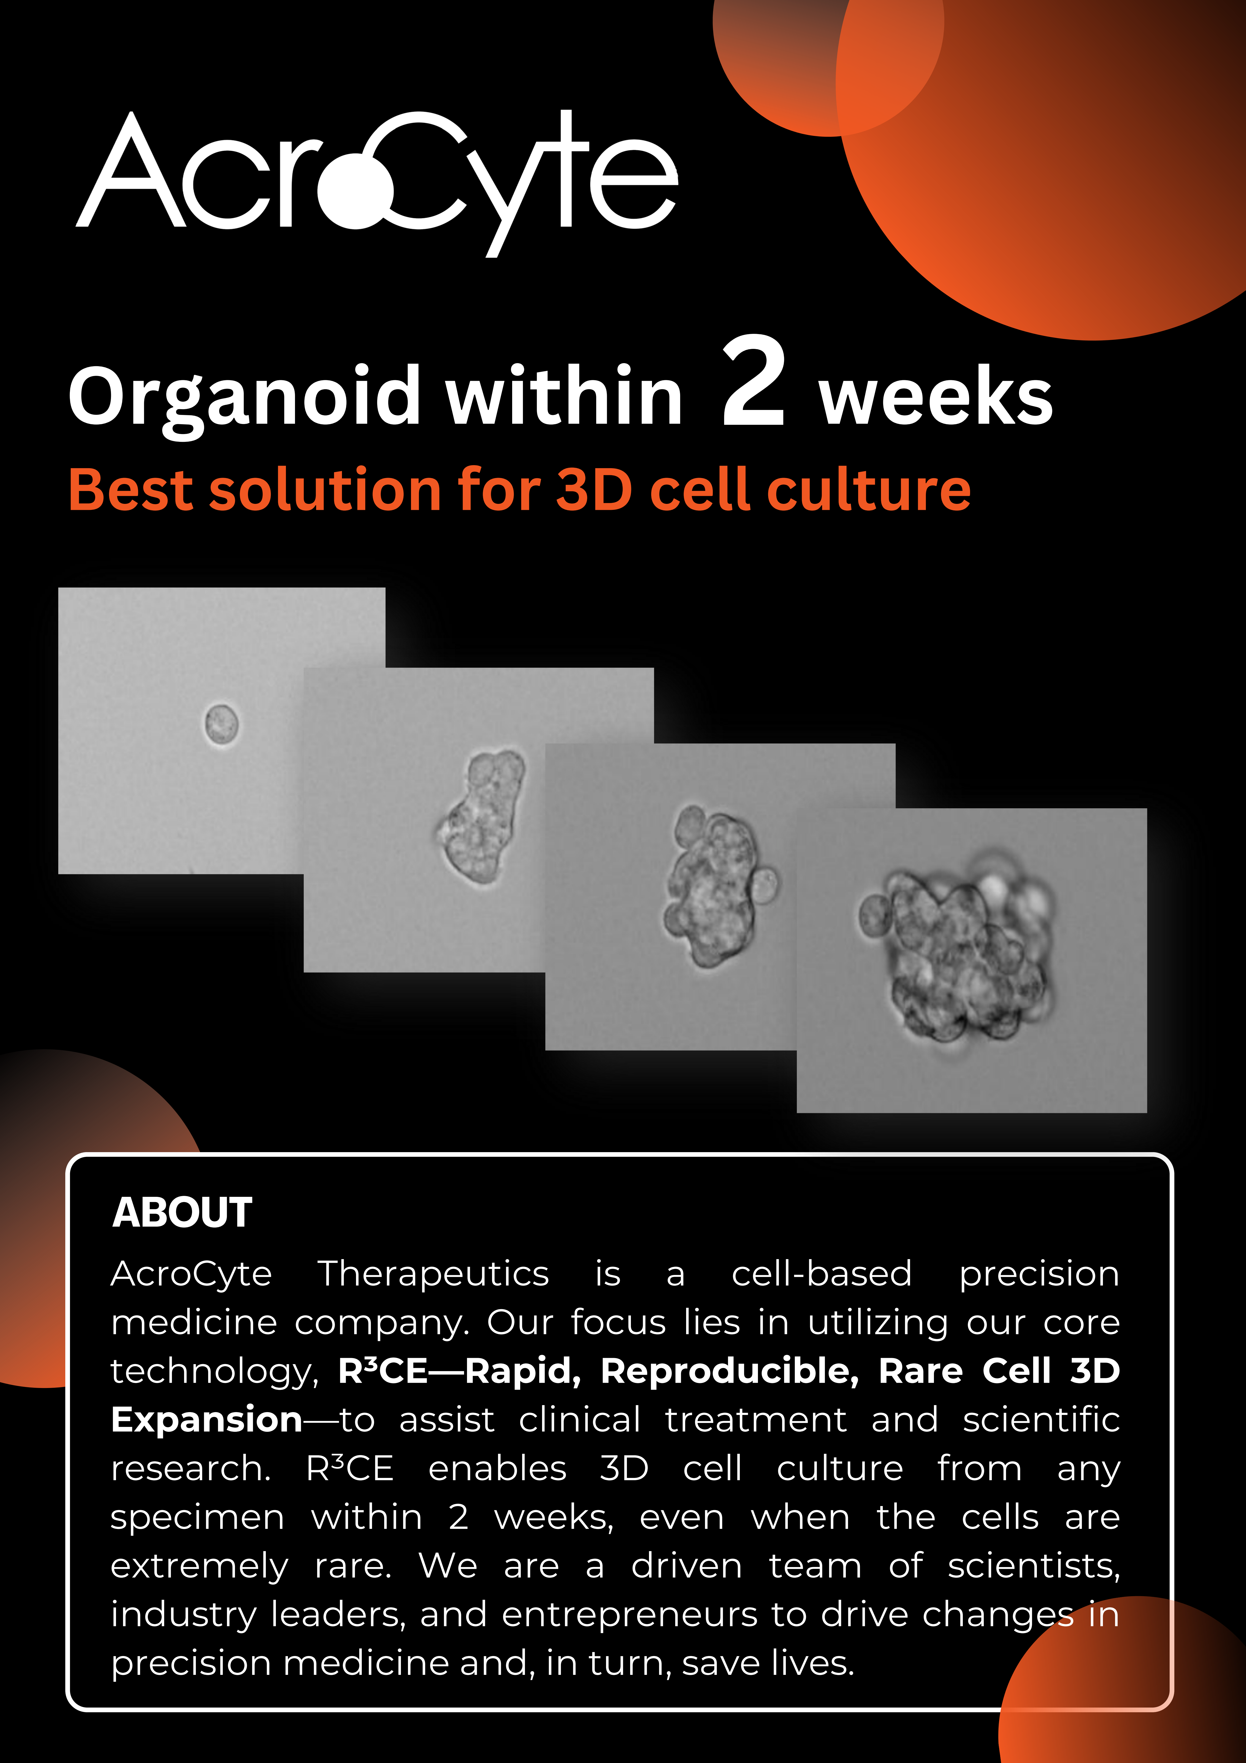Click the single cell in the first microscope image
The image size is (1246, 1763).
click(221, 724)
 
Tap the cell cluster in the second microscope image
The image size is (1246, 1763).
click(481, 816)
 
